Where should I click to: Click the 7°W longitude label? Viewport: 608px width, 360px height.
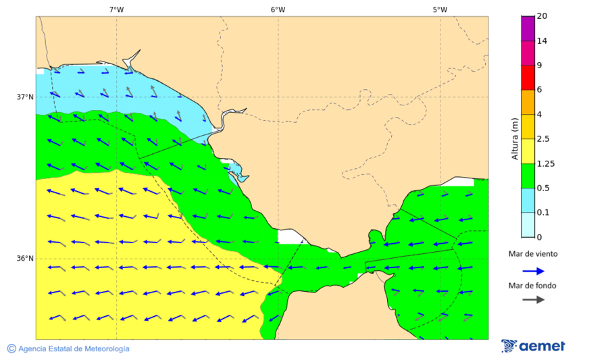pos(116,9)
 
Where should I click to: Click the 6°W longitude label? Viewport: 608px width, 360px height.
pos(278,9)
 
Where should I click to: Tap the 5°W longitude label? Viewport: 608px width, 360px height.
pos(440,9)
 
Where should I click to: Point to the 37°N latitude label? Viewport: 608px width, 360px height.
pos(25,97)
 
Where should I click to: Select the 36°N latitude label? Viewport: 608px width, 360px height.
pos(25,258)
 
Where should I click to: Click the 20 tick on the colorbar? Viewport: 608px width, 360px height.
pos(542,16)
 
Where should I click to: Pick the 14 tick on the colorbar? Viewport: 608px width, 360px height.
pos(542,41)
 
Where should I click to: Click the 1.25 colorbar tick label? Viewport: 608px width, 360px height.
pos(545,163)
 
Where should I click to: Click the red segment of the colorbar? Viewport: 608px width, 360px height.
pos(528,78)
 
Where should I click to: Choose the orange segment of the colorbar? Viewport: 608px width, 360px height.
pos(528,102)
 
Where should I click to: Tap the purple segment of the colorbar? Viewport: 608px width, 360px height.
pos(528,28)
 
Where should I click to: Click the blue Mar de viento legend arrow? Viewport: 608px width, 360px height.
pos(533,271)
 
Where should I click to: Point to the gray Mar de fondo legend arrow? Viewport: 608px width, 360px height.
pos(533,299)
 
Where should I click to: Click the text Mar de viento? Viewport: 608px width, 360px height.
pos(533,254)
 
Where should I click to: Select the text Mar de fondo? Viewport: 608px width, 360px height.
pos(533,285)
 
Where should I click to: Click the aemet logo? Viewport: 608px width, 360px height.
pos(533,346)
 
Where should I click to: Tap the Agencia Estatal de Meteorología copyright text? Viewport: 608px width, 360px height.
pos(68,349)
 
